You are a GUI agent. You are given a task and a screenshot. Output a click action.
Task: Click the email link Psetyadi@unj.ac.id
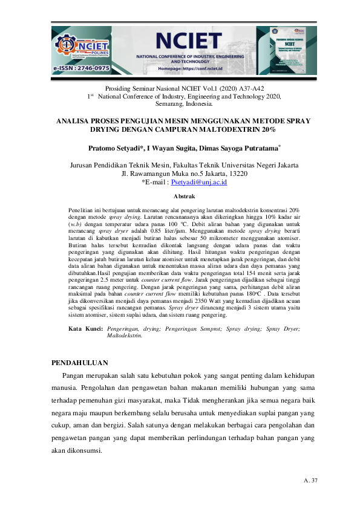click(x=199, y=181)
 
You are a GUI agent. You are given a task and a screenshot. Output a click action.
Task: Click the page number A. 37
click(x=311, y=481)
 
